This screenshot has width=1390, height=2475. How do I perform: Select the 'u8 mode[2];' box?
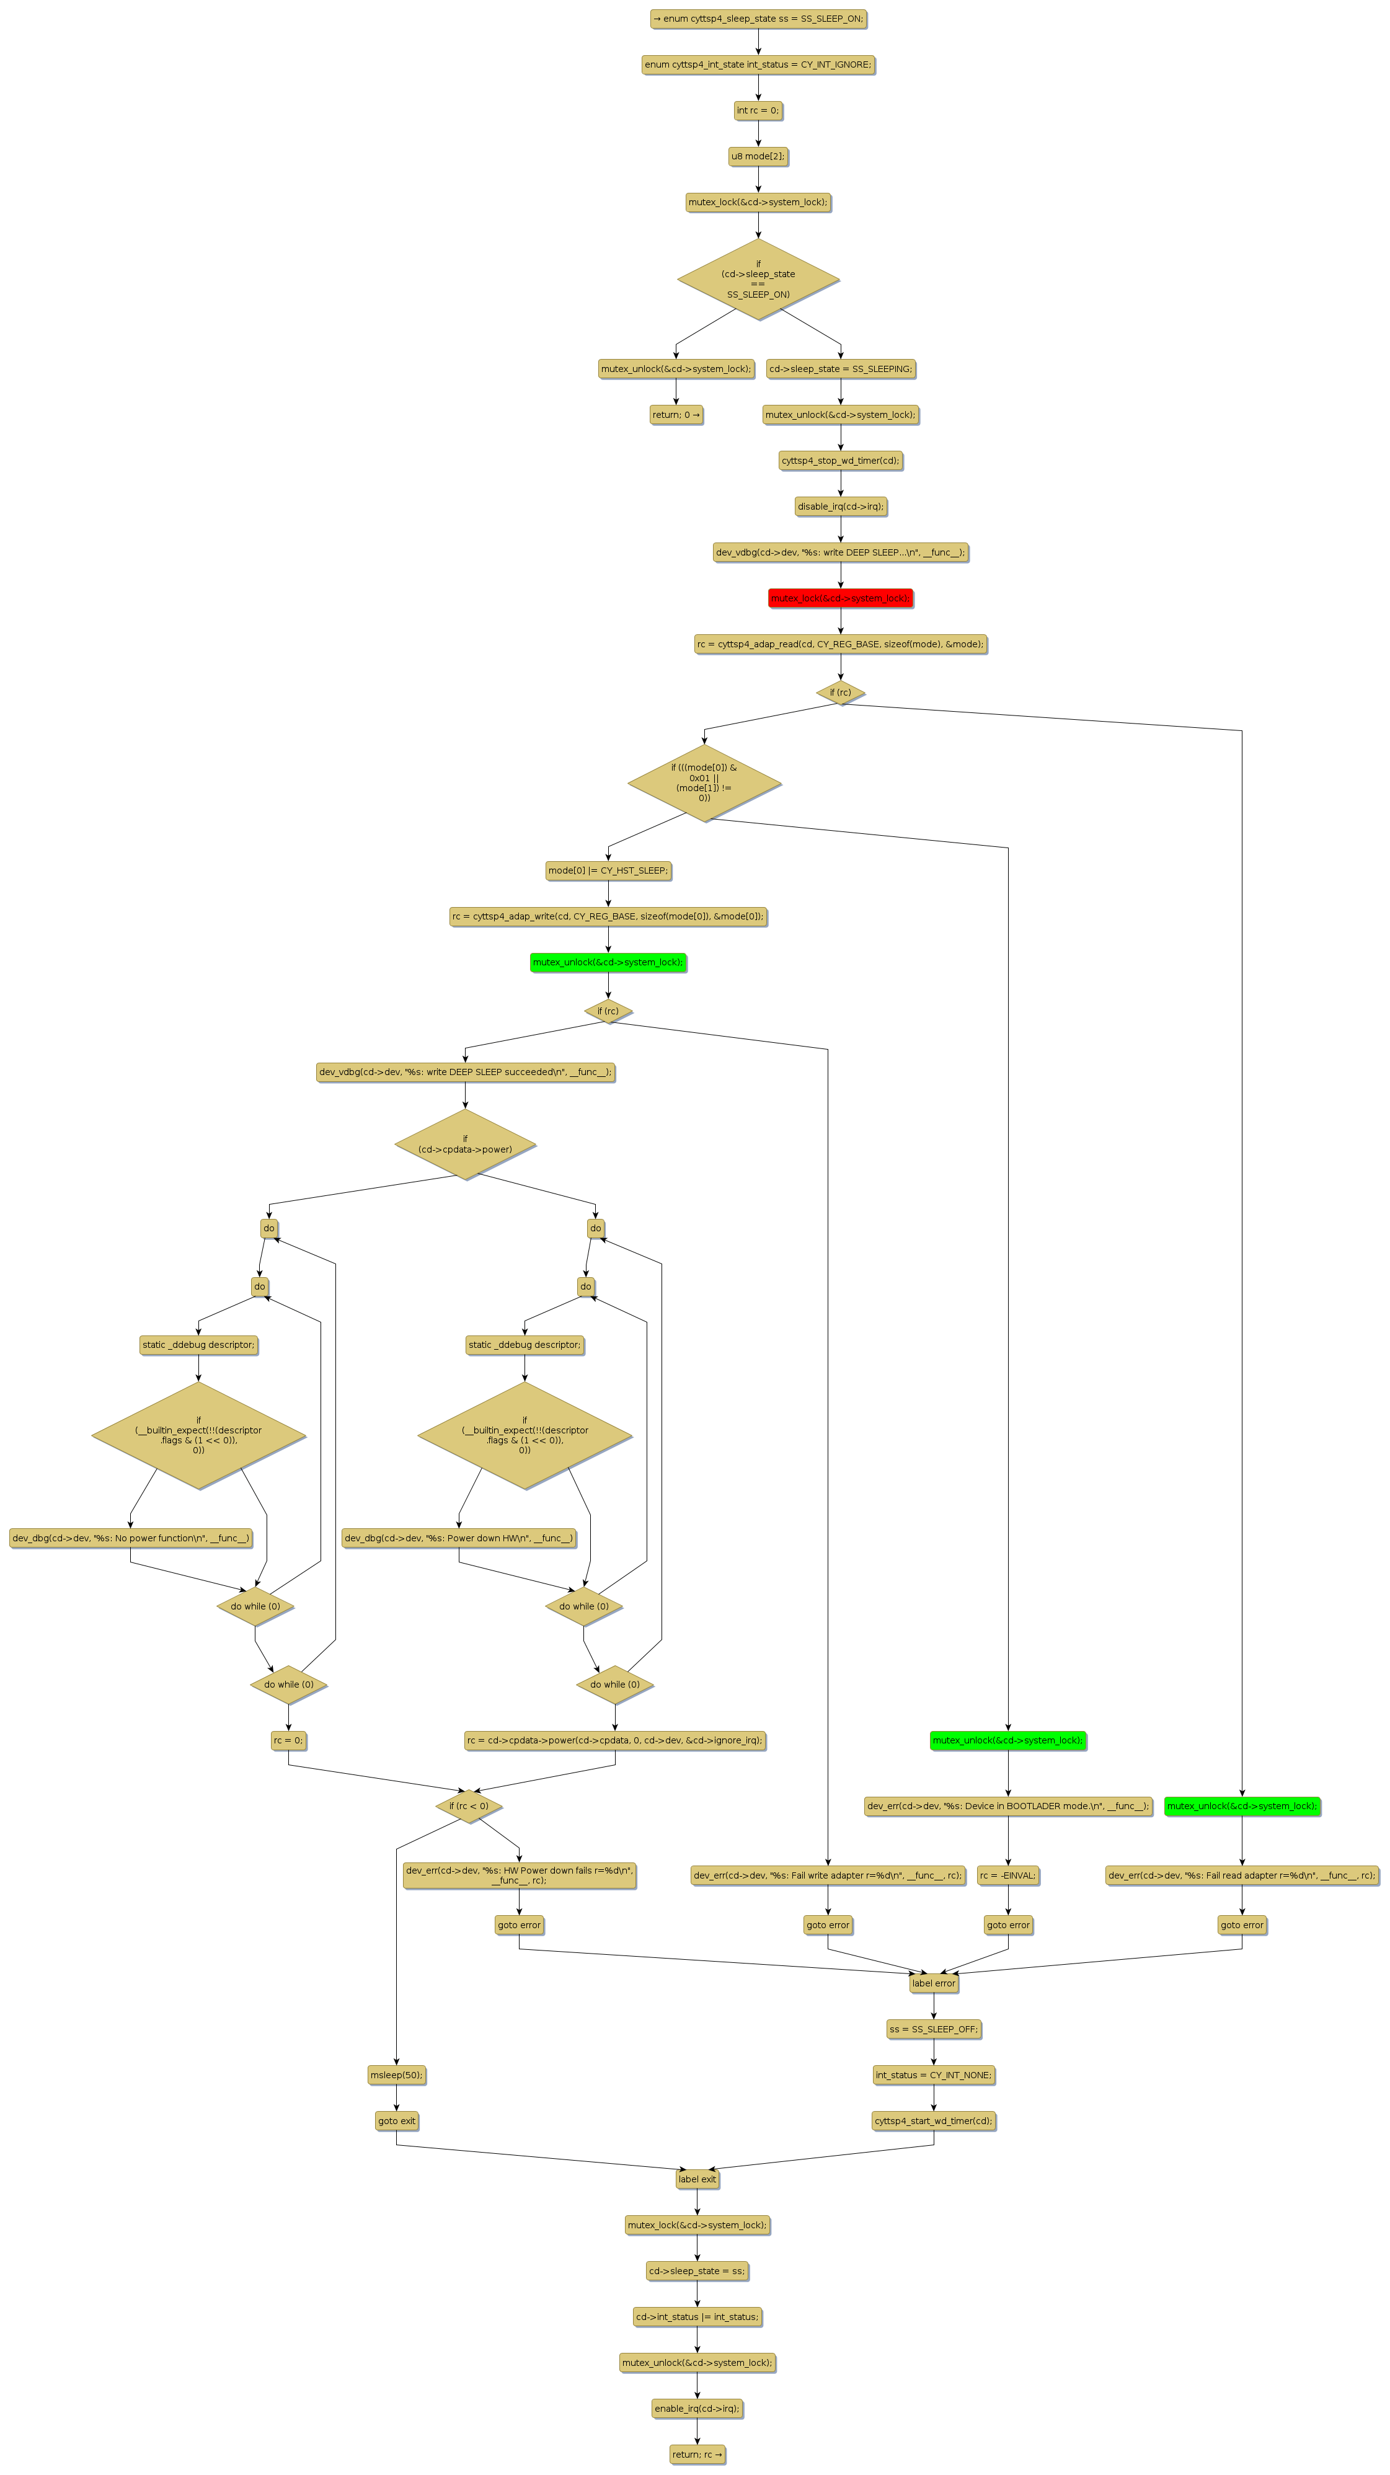pyautogui.click(x=757, y=156)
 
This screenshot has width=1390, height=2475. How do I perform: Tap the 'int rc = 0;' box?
pyautogui.click(x=757, y=110)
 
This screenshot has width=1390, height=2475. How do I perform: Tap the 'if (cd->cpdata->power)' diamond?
pyautogui.click(x=465, y=1145)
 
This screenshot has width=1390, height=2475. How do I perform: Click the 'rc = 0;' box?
pyautogui.click(x=288, y=1740)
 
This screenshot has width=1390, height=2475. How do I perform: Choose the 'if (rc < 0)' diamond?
pyautogui.click(x=469, y=1806)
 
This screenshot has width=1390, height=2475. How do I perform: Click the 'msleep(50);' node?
pyautogui.click(x=396, y=2074)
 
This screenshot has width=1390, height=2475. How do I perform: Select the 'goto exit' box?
pyautogui.click(x=396, y=2120)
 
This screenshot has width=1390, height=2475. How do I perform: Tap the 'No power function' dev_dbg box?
pyautogui.click(x=131, y=1538)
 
